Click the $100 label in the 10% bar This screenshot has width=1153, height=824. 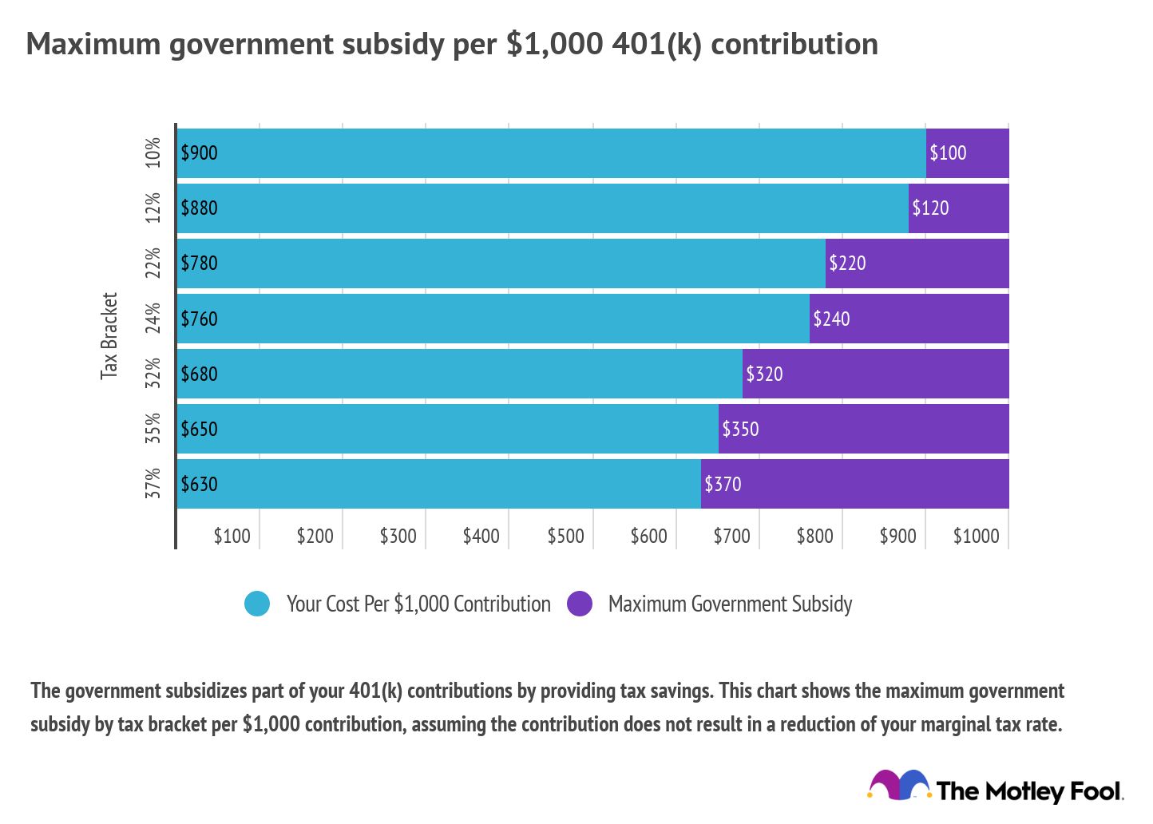(948, 153)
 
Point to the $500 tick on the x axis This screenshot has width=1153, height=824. (565, 536)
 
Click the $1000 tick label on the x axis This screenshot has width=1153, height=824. (976, 536)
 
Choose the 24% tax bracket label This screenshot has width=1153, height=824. (153, 318)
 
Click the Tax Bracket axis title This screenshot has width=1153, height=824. (109, 335)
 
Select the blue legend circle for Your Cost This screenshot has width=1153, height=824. (257, 604)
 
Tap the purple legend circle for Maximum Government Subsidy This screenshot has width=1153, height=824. (580, 604)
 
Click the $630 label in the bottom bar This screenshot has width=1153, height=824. (199, 484)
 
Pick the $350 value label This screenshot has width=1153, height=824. (740, 429)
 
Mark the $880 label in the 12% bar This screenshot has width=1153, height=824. (199, 208)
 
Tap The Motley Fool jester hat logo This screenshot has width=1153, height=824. (899, 786)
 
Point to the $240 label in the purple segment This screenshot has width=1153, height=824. (831, 319)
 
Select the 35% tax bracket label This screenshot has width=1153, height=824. (153, 428)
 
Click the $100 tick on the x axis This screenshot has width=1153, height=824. (232, 536)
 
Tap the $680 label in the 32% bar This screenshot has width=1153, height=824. (199, 374)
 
